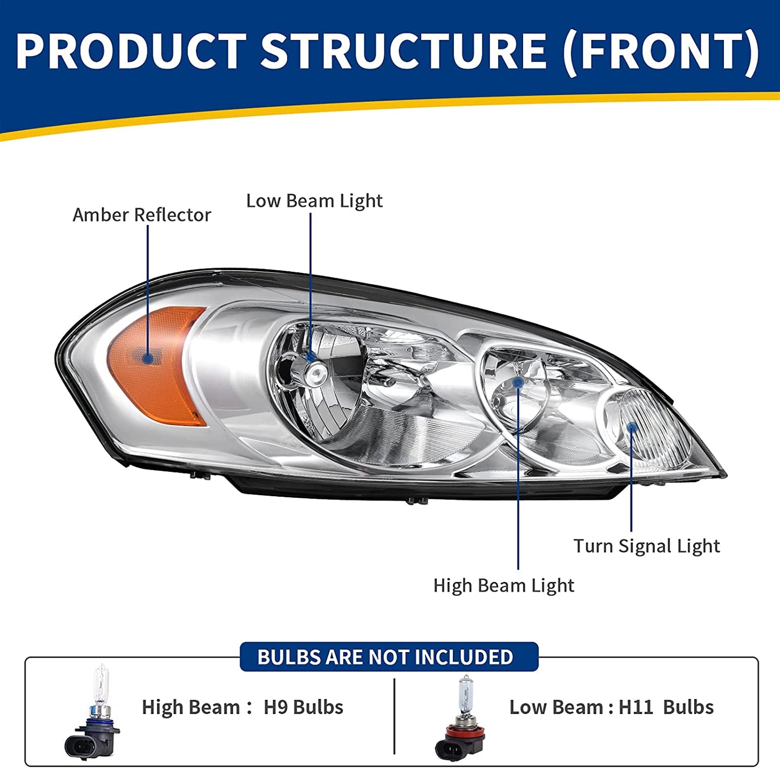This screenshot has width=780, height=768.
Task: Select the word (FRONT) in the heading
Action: (661, 52)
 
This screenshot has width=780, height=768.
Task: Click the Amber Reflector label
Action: (141, 215)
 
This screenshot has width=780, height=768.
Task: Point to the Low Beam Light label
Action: (314, 201)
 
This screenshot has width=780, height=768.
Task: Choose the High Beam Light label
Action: (503, 585)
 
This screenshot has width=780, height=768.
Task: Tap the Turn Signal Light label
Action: (646, 546)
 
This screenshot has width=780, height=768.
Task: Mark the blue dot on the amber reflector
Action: (147, 358)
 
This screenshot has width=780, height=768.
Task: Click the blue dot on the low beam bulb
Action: (311, 356)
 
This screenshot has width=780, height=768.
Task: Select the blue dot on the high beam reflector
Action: (518, 382)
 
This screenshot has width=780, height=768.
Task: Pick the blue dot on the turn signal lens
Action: (632, 427)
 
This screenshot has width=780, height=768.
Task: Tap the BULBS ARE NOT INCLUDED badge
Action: (389, 657)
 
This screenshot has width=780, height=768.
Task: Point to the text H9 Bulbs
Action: (303, 707)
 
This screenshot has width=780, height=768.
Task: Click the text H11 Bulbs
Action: (666, 707)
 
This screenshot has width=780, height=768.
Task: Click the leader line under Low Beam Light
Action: (310, 280)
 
